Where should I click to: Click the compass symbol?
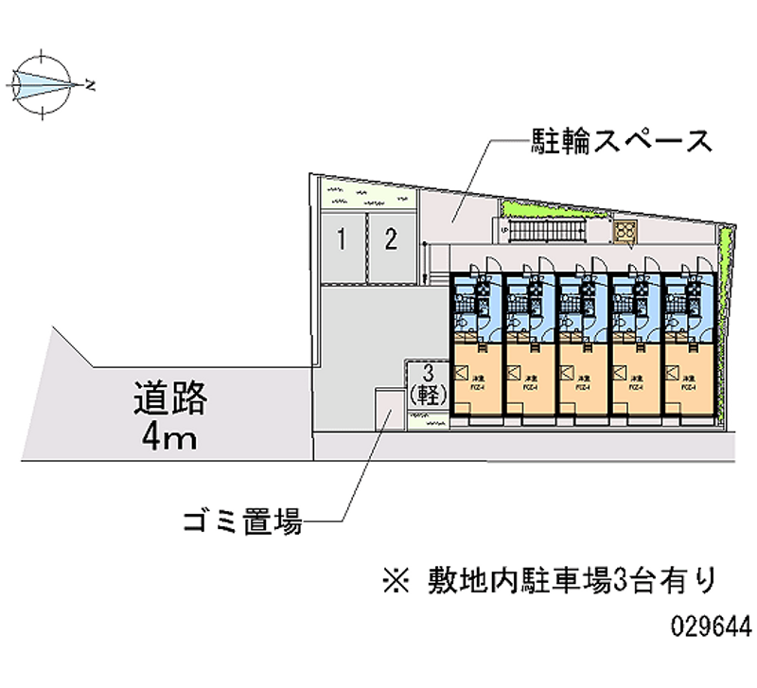[44, 84]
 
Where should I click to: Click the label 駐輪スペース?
[620, 143]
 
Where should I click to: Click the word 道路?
[170, 397]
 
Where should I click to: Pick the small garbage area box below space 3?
[387, 408]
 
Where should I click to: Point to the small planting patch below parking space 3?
[429, 421]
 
